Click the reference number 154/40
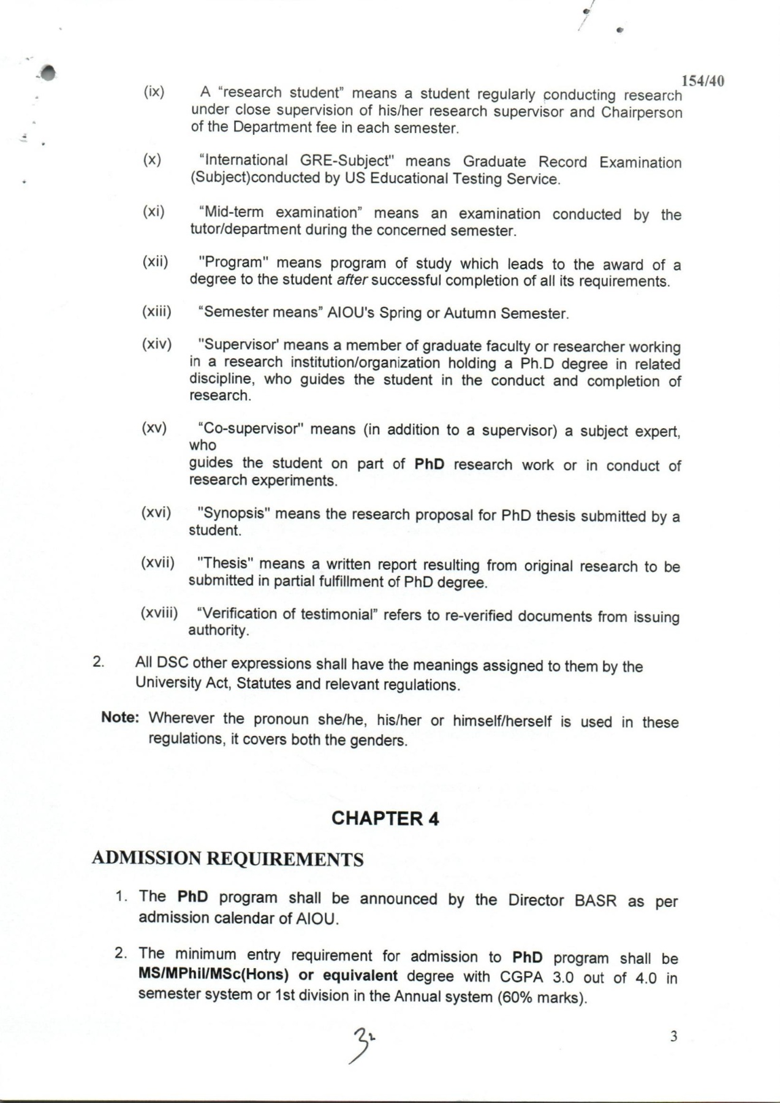[703, 81]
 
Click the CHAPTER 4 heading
[385, 819]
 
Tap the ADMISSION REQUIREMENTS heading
[227, 859]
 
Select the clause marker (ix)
[154, 92]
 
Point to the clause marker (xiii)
[156, 311]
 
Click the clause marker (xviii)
[159, 613]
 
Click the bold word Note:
[120, 718]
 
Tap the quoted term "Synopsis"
[234, 513]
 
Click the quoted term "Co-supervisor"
[251, 428]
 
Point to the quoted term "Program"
[234, 262]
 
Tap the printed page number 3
[673, 1037]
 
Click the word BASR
[596, 901]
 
